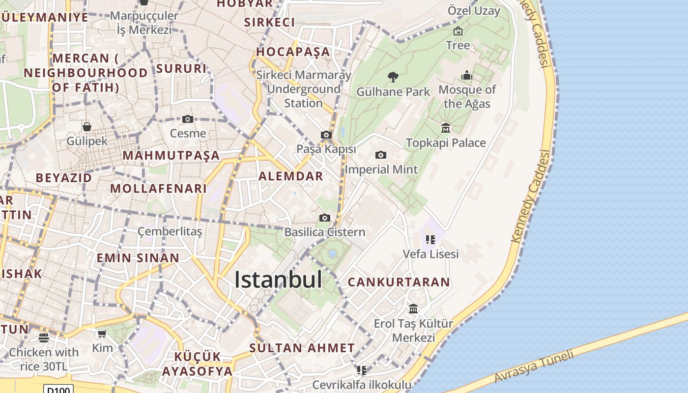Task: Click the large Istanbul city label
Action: click(278, 280)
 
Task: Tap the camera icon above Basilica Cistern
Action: click(324, 218)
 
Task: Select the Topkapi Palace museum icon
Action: click(446, 128)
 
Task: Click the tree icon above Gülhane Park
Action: click(392, 77)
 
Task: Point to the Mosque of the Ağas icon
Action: click(467, 75)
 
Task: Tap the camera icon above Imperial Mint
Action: click(380, 155)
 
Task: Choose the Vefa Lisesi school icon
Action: click(430, 240)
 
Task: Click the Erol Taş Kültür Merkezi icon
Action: click(413, 309)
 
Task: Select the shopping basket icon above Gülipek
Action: click(87, 127)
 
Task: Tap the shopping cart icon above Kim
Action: click(102, 334)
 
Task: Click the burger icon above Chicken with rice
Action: click(44, 337)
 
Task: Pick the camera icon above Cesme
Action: click(187, 119)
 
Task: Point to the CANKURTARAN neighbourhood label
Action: click(399, 282)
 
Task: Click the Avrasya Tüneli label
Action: click(534, 366)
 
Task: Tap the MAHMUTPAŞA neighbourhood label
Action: click(171, 156)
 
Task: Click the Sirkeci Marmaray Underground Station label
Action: click(304, 89)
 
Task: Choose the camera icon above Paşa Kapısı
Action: click(326, 135)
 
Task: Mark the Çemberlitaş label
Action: click(170, 231)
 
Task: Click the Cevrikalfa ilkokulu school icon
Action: click(362, 370)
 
